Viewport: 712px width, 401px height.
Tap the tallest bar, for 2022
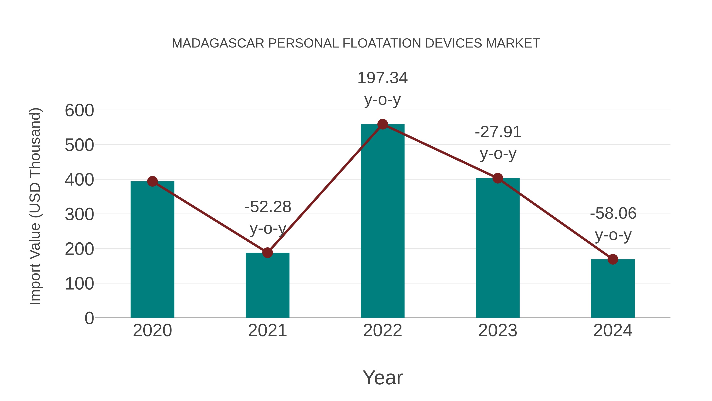[x=383, y=221]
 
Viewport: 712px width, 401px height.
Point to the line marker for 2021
[x=267, y=252]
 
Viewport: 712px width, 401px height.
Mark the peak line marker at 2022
[x=383, y=124]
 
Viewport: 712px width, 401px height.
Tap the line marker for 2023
[x=498, y=178]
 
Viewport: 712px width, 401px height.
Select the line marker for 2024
[x=613, y=259]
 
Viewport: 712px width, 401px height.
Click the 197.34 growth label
[x=383, y=78]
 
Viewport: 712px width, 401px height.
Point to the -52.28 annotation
[x=268, y=207]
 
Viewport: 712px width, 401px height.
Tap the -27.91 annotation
[x=498, y=132]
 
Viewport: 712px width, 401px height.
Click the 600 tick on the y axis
[x=79, y=110]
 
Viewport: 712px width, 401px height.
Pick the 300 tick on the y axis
[x=79, y=214]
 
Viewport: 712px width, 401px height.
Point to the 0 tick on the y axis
[x=89, y=318]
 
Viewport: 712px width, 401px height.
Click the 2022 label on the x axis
[x=383, y=331]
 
